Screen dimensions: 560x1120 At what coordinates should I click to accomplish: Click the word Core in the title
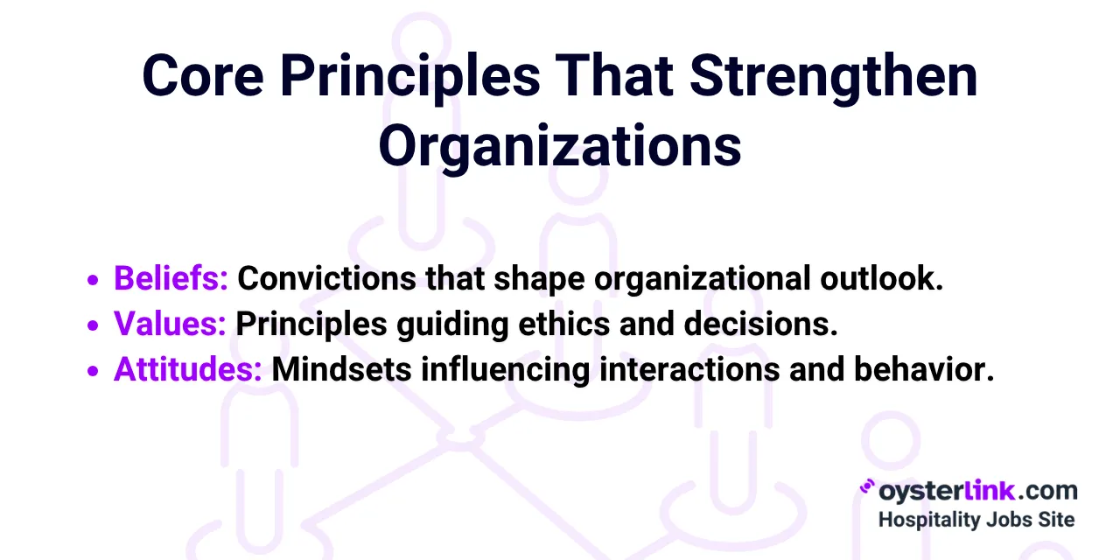[x=202, y=75]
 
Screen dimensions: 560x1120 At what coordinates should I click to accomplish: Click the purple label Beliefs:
[x=171, y=279]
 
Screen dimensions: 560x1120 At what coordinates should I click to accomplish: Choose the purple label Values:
[x=170, y=325]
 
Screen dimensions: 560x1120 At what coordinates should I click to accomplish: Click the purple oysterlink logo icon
[x=868, y=488]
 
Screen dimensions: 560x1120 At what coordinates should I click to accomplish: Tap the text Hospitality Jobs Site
[x=976, y=519]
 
